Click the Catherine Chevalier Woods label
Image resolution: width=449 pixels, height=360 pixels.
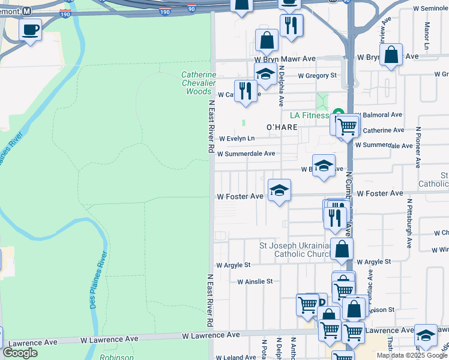(197, 83)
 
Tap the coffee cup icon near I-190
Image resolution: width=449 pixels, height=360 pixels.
(30, 29)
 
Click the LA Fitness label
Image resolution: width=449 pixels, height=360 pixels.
(309, 115)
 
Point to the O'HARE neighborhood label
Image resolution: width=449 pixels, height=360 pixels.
(282, 127)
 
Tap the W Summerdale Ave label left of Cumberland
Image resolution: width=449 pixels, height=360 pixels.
(246, 154)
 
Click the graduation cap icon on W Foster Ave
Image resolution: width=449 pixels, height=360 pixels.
(279, 191)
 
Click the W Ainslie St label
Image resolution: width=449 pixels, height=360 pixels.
(255, 281)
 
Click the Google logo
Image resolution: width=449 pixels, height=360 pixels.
(19, 353)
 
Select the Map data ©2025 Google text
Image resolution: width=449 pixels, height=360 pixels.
(412, 355)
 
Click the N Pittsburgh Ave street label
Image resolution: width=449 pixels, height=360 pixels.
(409, 224)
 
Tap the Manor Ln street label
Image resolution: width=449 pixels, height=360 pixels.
(427, 36)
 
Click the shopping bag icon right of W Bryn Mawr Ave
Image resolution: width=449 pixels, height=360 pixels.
(391, 55)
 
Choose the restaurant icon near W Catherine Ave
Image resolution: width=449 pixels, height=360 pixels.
(245, 91)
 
